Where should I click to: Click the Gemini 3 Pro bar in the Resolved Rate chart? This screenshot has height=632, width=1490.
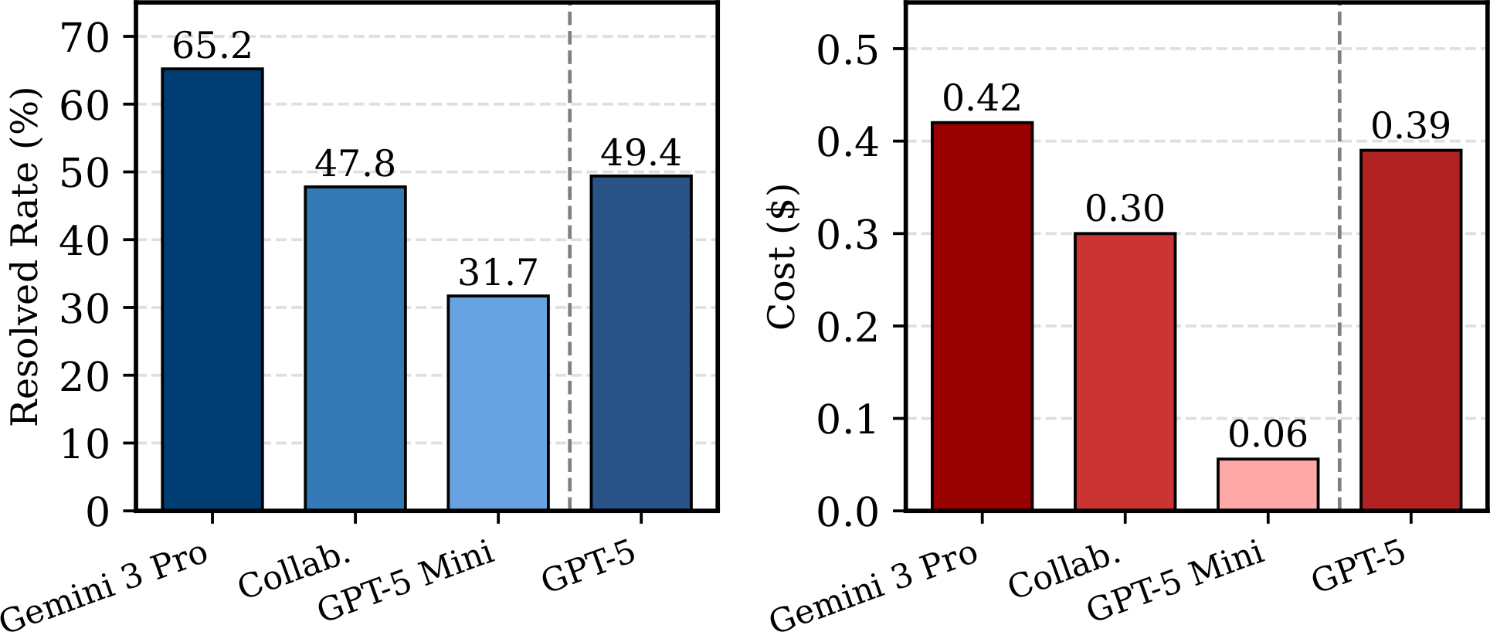[x=212, y=290]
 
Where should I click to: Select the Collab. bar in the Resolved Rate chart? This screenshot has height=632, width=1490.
[x=355, y=348]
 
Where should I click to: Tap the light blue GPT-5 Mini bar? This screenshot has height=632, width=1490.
[x=497, y=403]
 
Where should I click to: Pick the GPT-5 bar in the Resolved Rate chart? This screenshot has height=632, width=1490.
[x=640, y=343]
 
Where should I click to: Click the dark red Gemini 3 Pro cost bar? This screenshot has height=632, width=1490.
[x=982, y=316]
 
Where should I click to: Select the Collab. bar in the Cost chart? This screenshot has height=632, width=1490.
[x=1125, y=372]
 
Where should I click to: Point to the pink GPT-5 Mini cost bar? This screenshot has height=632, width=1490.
[x=1268, y=484]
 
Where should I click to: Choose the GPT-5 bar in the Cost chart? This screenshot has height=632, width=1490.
[x=1410, y=330]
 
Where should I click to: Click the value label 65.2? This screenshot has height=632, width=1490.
[x=212, y=46]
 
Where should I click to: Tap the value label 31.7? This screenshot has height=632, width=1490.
[x=497, y=273]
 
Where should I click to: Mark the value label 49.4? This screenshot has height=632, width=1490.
[x=640, y=153]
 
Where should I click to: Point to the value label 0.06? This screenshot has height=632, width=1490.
[x=1268, y=435]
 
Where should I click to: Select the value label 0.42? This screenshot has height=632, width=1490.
[x=982, y=98]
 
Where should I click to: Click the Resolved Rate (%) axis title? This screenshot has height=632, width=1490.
[x=25, y=257]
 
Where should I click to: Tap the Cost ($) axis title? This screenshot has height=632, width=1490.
[x=782, y=257]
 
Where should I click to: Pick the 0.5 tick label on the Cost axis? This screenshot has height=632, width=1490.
[x=847, y=50]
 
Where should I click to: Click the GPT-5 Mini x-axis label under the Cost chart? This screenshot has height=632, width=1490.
[x=1176, y=581]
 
